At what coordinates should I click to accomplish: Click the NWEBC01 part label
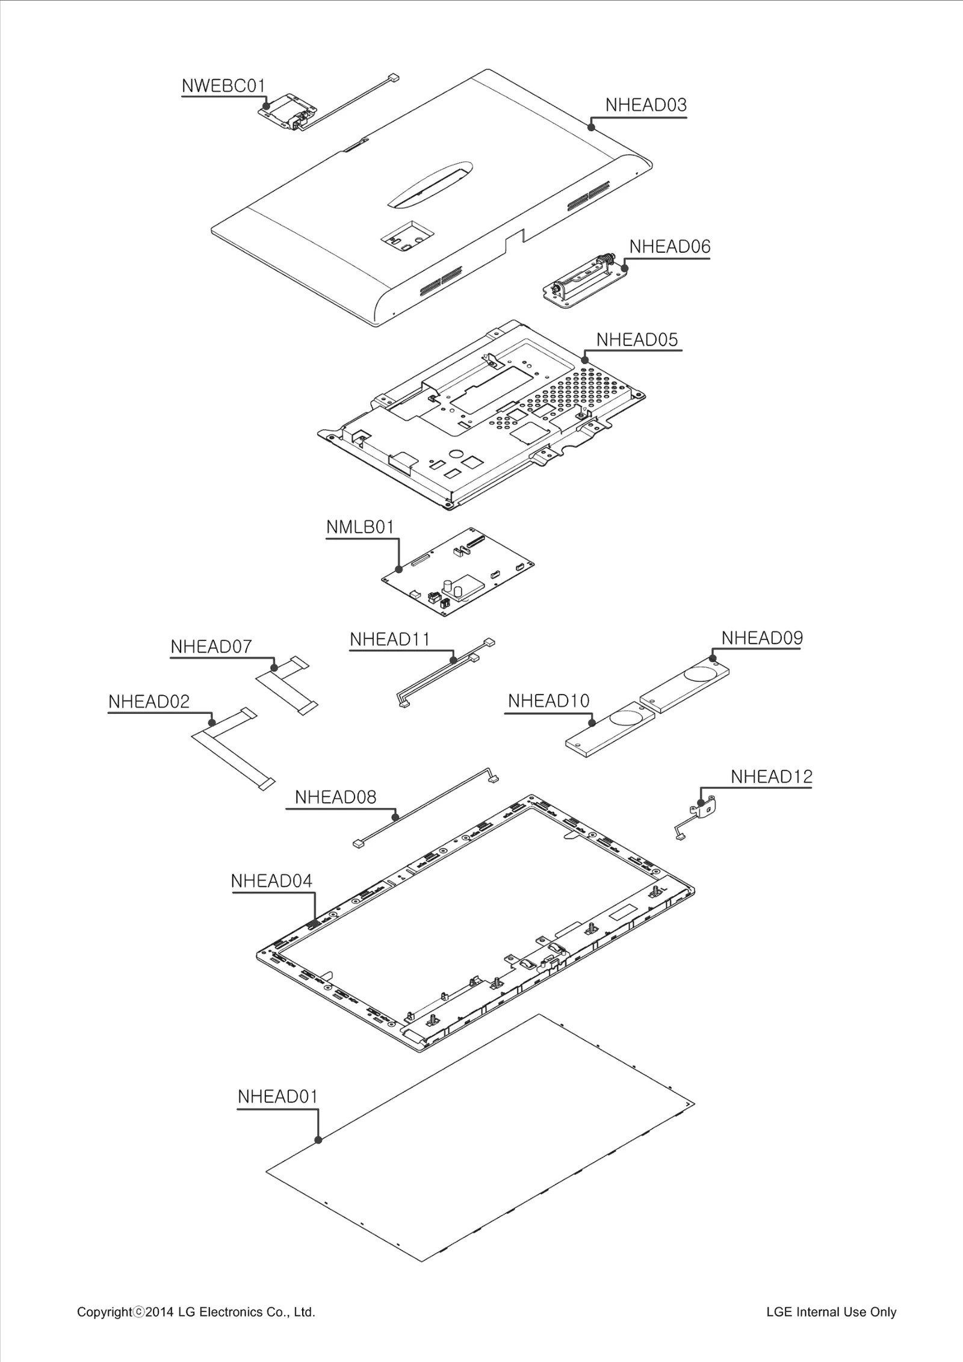pos(223,86)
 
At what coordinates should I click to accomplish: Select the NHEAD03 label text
pos(645,105)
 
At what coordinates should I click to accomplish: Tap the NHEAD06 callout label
pos(669,247)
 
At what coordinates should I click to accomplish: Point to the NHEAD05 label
pos(637,340)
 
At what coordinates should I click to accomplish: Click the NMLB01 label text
pos(360,527)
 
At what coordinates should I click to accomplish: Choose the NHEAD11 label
pos(389,639)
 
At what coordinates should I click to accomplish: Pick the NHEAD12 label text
pos(771,777)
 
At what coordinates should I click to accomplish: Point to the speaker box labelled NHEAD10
pos(609,729)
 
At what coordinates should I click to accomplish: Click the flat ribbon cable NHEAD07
pos(286,686)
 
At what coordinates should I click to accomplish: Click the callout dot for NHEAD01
pos(318,1140)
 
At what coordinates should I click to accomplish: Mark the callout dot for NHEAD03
pos(592,127)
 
